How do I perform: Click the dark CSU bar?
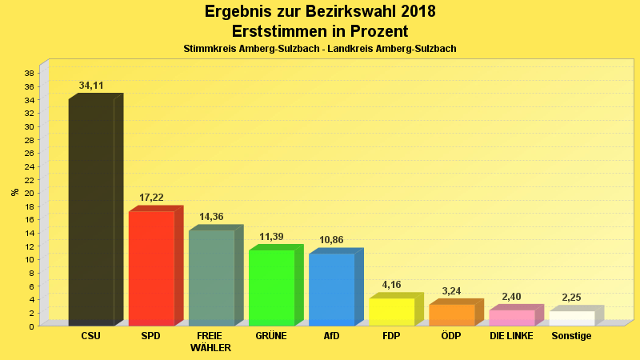(91, 212)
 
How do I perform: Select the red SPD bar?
(151, 268)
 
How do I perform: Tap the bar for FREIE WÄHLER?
(211, 278)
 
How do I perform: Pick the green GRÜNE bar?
(271, 287)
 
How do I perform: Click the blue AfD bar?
(331, 289)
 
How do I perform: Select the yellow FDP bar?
(391, 311)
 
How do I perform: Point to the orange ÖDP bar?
(451, 314)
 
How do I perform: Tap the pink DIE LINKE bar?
(511, 317)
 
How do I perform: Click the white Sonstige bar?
(571, 318)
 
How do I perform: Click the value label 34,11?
(91, 86)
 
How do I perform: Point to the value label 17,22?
(151, 197)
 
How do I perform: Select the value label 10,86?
(331, 239)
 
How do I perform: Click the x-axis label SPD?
(150, 336)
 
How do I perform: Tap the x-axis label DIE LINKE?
(511, 336)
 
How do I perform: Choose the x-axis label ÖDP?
(451, 336)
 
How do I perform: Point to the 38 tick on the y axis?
(28, 74)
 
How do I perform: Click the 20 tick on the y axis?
(28, 193)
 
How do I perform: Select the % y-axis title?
(14, 192)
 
